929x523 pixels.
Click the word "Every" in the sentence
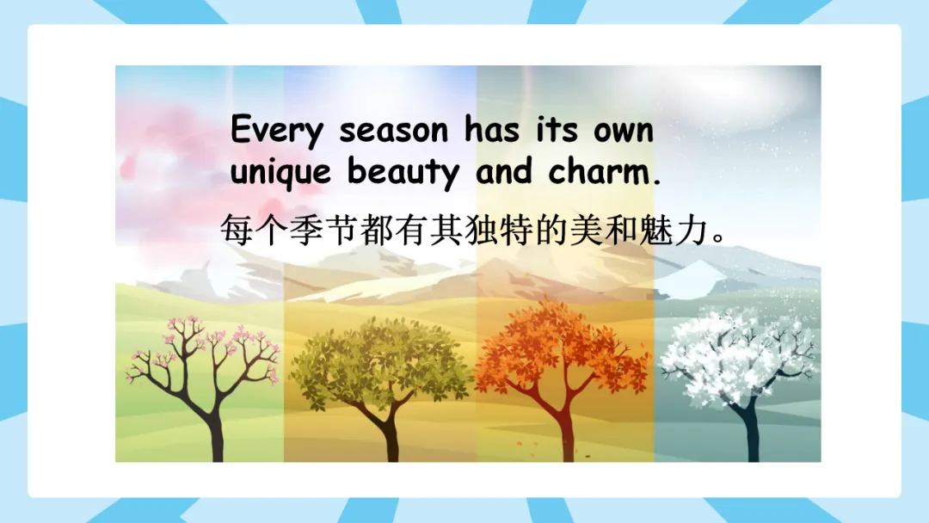click(x=277, y=130)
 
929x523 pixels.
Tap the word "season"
click(x=393, y=131)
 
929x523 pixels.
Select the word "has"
click(x=492, y=128)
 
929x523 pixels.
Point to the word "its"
click(x=557, y=129)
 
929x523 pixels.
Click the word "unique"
click(x=280, y=172)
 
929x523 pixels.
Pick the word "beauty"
click(x=403, y=171)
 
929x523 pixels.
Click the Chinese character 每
click(x=237, y=229)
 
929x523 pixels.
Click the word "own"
click(x=624, y=131)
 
